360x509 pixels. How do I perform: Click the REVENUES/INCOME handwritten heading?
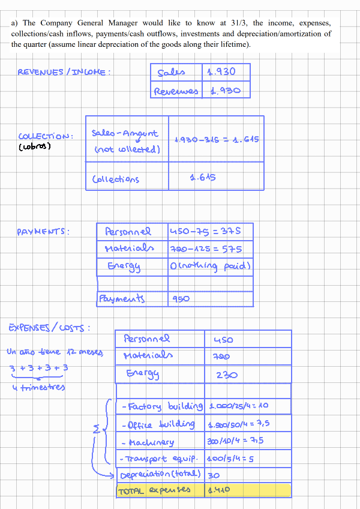click(64, 73)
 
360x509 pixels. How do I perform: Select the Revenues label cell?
click(176, 91)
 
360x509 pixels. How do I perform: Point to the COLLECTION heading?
click(46, 136)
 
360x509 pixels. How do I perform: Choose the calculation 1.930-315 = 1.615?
click(216, 139)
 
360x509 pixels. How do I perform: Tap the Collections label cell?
click(116, 179)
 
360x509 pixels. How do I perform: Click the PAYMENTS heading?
click(43, 231)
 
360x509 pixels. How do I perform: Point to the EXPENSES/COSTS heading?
click(49, 328)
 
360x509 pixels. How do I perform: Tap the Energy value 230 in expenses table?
click(227, 375)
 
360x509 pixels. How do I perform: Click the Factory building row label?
click(161, 406)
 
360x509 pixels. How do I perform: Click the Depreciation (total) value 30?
click(214, 475)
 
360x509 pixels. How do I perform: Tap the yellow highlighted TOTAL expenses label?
click(155, 490)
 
